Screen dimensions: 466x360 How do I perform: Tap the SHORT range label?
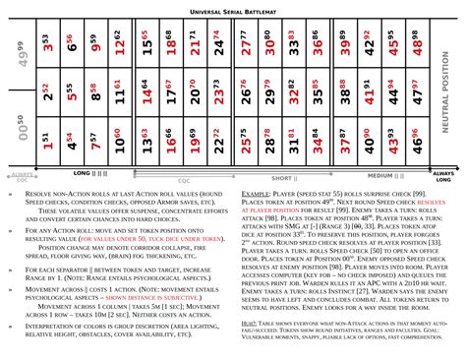(x=283, y=178)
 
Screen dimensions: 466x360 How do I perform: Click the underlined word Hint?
(x=249, y=321)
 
